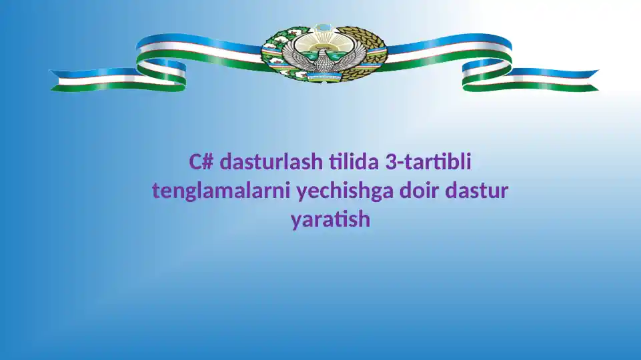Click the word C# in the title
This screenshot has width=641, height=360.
point(201,161)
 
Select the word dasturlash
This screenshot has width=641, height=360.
point(271,161)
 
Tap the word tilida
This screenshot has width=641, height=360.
point(354,161)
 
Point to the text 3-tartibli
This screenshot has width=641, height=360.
point(428,161)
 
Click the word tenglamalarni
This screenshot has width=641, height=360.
point(221,191)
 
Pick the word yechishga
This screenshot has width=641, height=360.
point(345,191)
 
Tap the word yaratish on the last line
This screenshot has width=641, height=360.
point(331,220)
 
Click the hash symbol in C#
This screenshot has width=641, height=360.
point(208,162)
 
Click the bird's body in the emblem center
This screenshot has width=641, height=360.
point(324,61)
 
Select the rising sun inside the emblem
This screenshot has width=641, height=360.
point(324,40)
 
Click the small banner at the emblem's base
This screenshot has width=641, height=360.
point(324,77)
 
